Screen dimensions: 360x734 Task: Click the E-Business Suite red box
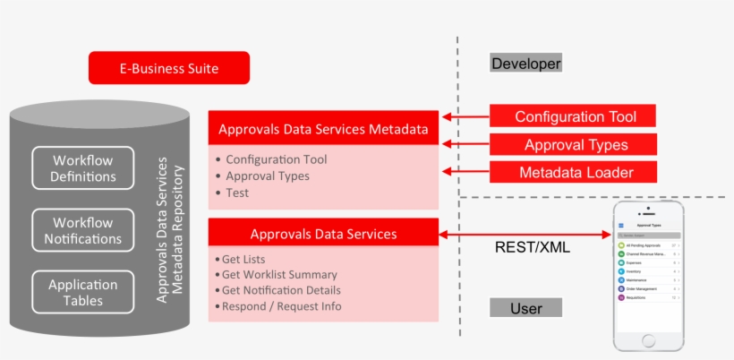168,68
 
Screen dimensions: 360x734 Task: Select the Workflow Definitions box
83,168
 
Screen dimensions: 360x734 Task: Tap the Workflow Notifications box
83,231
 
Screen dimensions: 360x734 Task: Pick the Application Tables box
83,293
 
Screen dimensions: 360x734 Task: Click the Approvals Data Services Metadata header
323,128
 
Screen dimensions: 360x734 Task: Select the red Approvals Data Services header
323,234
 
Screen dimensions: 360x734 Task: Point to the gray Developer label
525,64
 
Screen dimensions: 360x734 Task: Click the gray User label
525,308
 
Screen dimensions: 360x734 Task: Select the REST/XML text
533,248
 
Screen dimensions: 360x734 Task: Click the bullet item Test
237,193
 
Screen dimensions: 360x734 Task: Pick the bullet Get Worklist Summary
278,274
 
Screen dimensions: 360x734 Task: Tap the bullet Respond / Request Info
280,306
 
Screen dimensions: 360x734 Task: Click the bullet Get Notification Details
280,290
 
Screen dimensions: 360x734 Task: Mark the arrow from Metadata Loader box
465,172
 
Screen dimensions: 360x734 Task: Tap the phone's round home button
649,341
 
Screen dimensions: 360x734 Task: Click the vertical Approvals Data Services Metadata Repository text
169,230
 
